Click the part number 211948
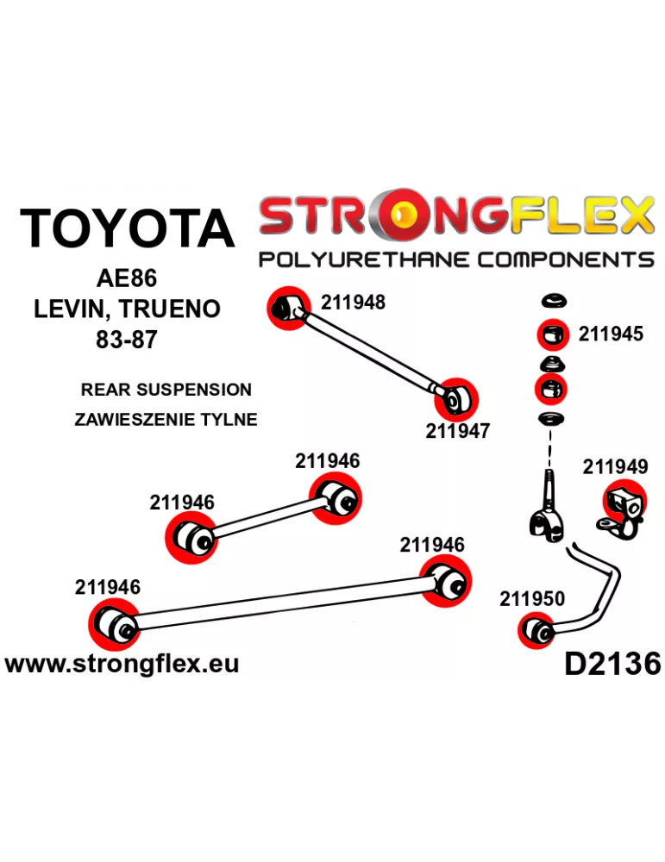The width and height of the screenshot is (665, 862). pos(353,303)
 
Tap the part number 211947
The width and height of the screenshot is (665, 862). pos(457,431)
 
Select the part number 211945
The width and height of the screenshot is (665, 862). pos(610,334)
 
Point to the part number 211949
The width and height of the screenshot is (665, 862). pos(615,466)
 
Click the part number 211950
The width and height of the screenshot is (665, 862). pos(532,599)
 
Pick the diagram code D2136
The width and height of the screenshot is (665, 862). pos(612,664)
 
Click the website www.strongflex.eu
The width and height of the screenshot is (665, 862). pos(122,664)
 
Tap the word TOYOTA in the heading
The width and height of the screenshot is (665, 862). pos(127,228)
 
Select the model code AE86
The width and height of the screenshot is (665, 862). pos(127,278)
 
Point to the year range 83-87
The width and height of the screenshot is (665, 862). pos(127,340)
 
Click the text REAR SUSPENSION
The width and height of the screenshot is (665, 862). pos(166,390)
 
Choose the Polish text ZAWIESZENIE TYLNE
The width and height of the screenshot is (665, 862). pos(166,420)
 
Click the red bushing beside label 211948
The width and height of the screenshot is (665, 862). pos(289,309)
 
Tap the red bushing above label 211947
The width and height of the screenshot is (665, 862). pos(456,400)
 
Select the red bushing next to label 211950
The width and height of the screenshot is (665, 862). pos(536,632)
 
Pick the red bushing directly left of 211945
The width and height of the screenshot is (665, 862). pos(553,334)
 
